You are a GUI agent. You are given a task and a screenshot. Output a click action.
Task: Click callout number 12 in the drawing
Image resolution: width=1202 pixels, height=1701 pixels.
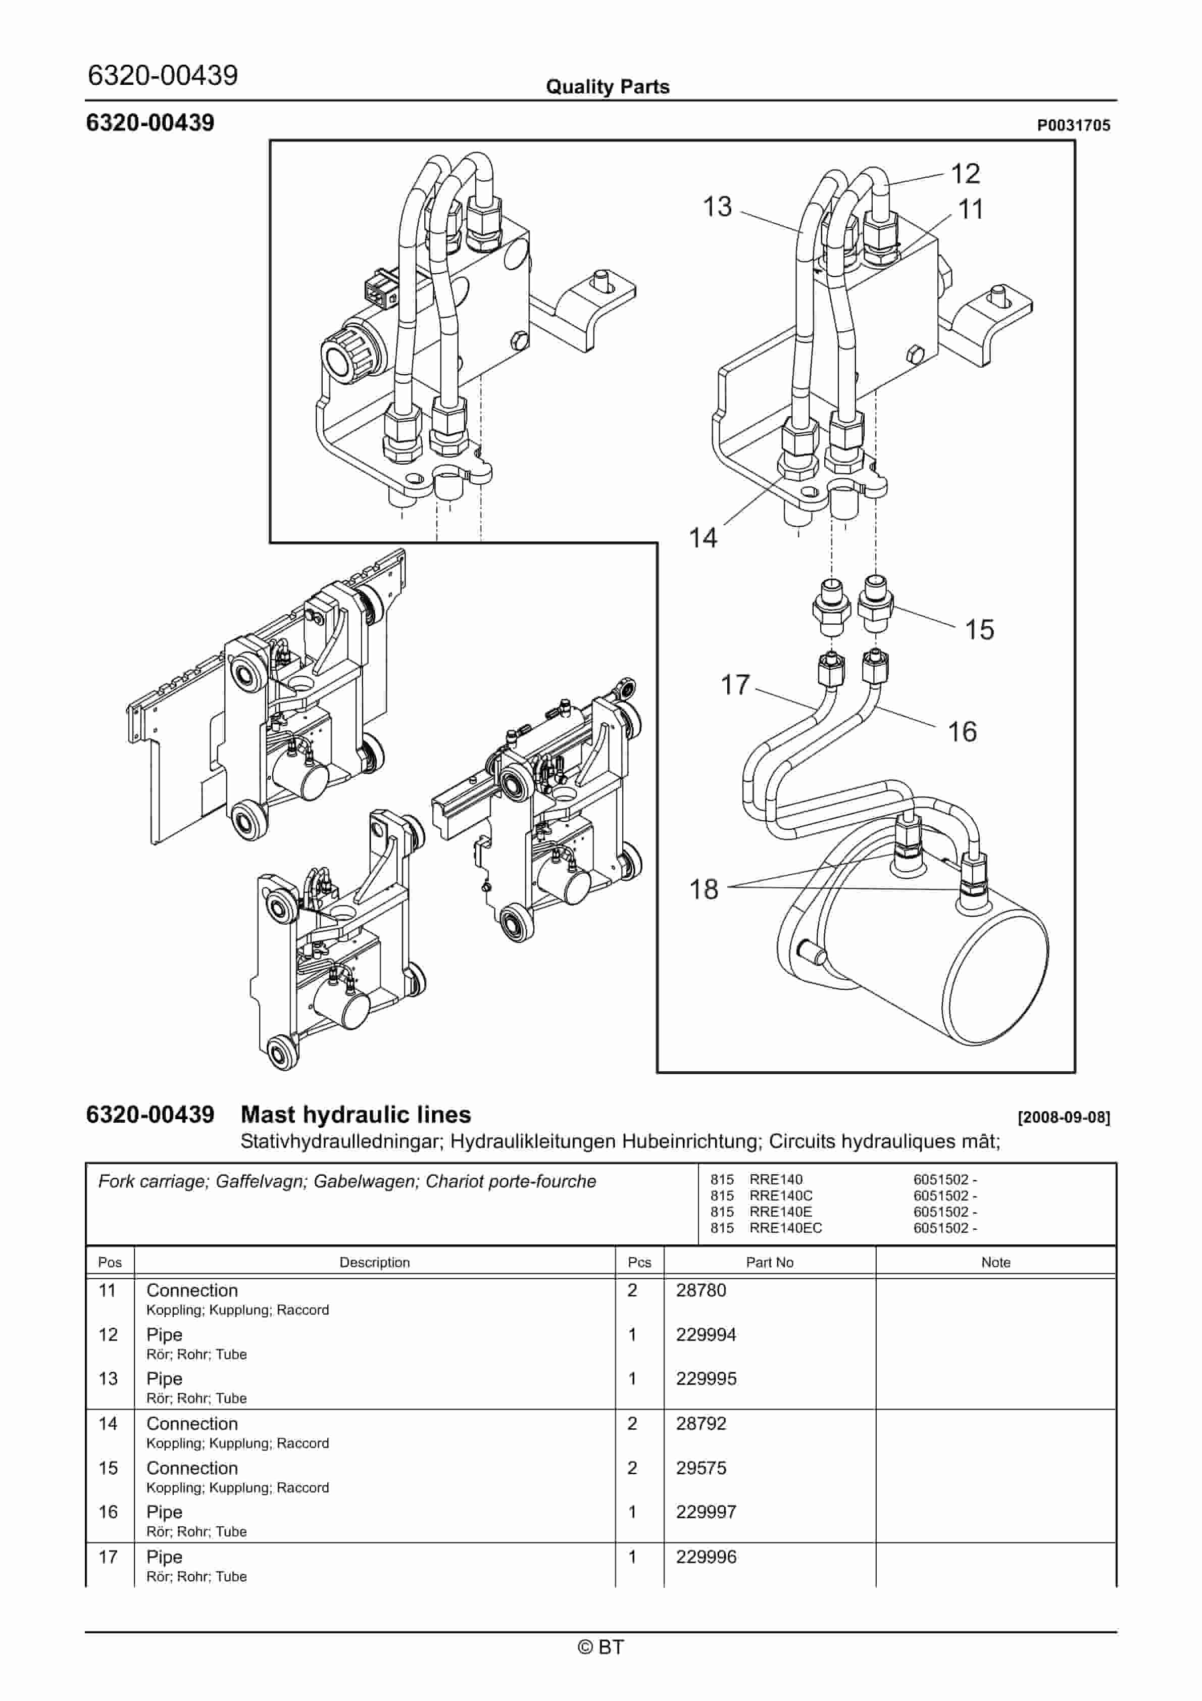click(x=965, y=174)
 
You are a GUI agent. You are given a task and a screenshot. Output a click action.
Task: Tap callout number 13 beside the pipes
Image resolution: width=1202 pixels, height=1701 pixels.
click(x=717, y=207)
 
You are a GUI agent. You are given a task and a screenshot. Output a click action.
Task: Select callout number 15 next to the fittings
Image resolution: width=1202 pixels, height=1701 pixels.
click(x=978, y=630)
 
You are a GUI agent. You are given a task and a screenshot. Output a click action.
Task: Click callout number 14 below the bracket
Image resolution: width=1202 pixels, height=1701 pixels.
click(x=703, y=537)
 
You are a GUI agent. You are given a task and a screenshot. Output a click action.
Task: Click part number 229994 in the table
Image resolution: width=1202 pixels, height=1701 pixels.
click(x=706, y=1335)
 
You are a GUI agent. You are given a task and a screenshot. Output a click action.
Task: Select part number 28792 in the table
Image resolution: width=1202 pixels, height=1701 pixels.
click(x=700, y=1424)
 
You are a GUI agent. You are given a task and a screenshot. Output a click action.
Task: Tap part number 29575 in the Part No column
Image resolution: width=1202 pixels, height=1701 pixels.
click(x=700, y=1468)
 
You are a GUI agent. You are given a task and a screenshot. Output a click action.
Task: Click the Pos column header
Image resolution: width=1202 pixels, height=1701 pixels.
click(x=110, y=1263)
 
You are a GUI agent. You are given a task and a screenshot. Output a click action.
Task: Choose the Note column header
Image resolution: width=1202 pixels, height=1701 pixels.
click(x=995, y=1263)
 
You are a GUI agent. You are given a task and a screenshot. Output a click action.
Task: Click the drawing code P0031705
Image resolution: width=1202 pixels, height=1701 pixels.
click(x=1073, y=125)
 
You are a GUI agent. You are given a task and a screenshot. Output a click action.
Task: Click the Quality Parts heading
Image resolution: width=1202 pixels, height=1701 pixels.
click(x=607, y=87)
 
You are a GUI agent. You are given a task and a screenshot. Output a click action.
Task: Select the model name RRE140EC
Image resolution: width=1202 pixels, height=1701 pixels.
click(x=785, y=1228)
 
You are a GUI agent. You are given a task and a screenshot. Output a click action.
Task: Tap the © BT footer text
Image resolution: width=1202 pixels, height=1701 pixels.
click(x=601, y=1647)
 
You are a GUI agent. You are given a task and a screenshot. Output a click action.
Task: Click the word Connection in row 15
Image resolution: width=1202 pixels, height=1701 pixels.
click(x=192, y=1468)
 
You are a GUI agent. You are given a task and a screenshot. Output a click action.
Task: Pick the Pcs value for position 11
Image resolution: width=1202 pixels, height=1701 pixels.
click(x=632, y=1290)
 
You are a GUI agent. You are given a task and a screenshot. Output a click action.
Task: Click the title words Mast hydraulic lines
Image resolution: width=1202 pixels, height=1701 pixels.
click(x=356, y=1115)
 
